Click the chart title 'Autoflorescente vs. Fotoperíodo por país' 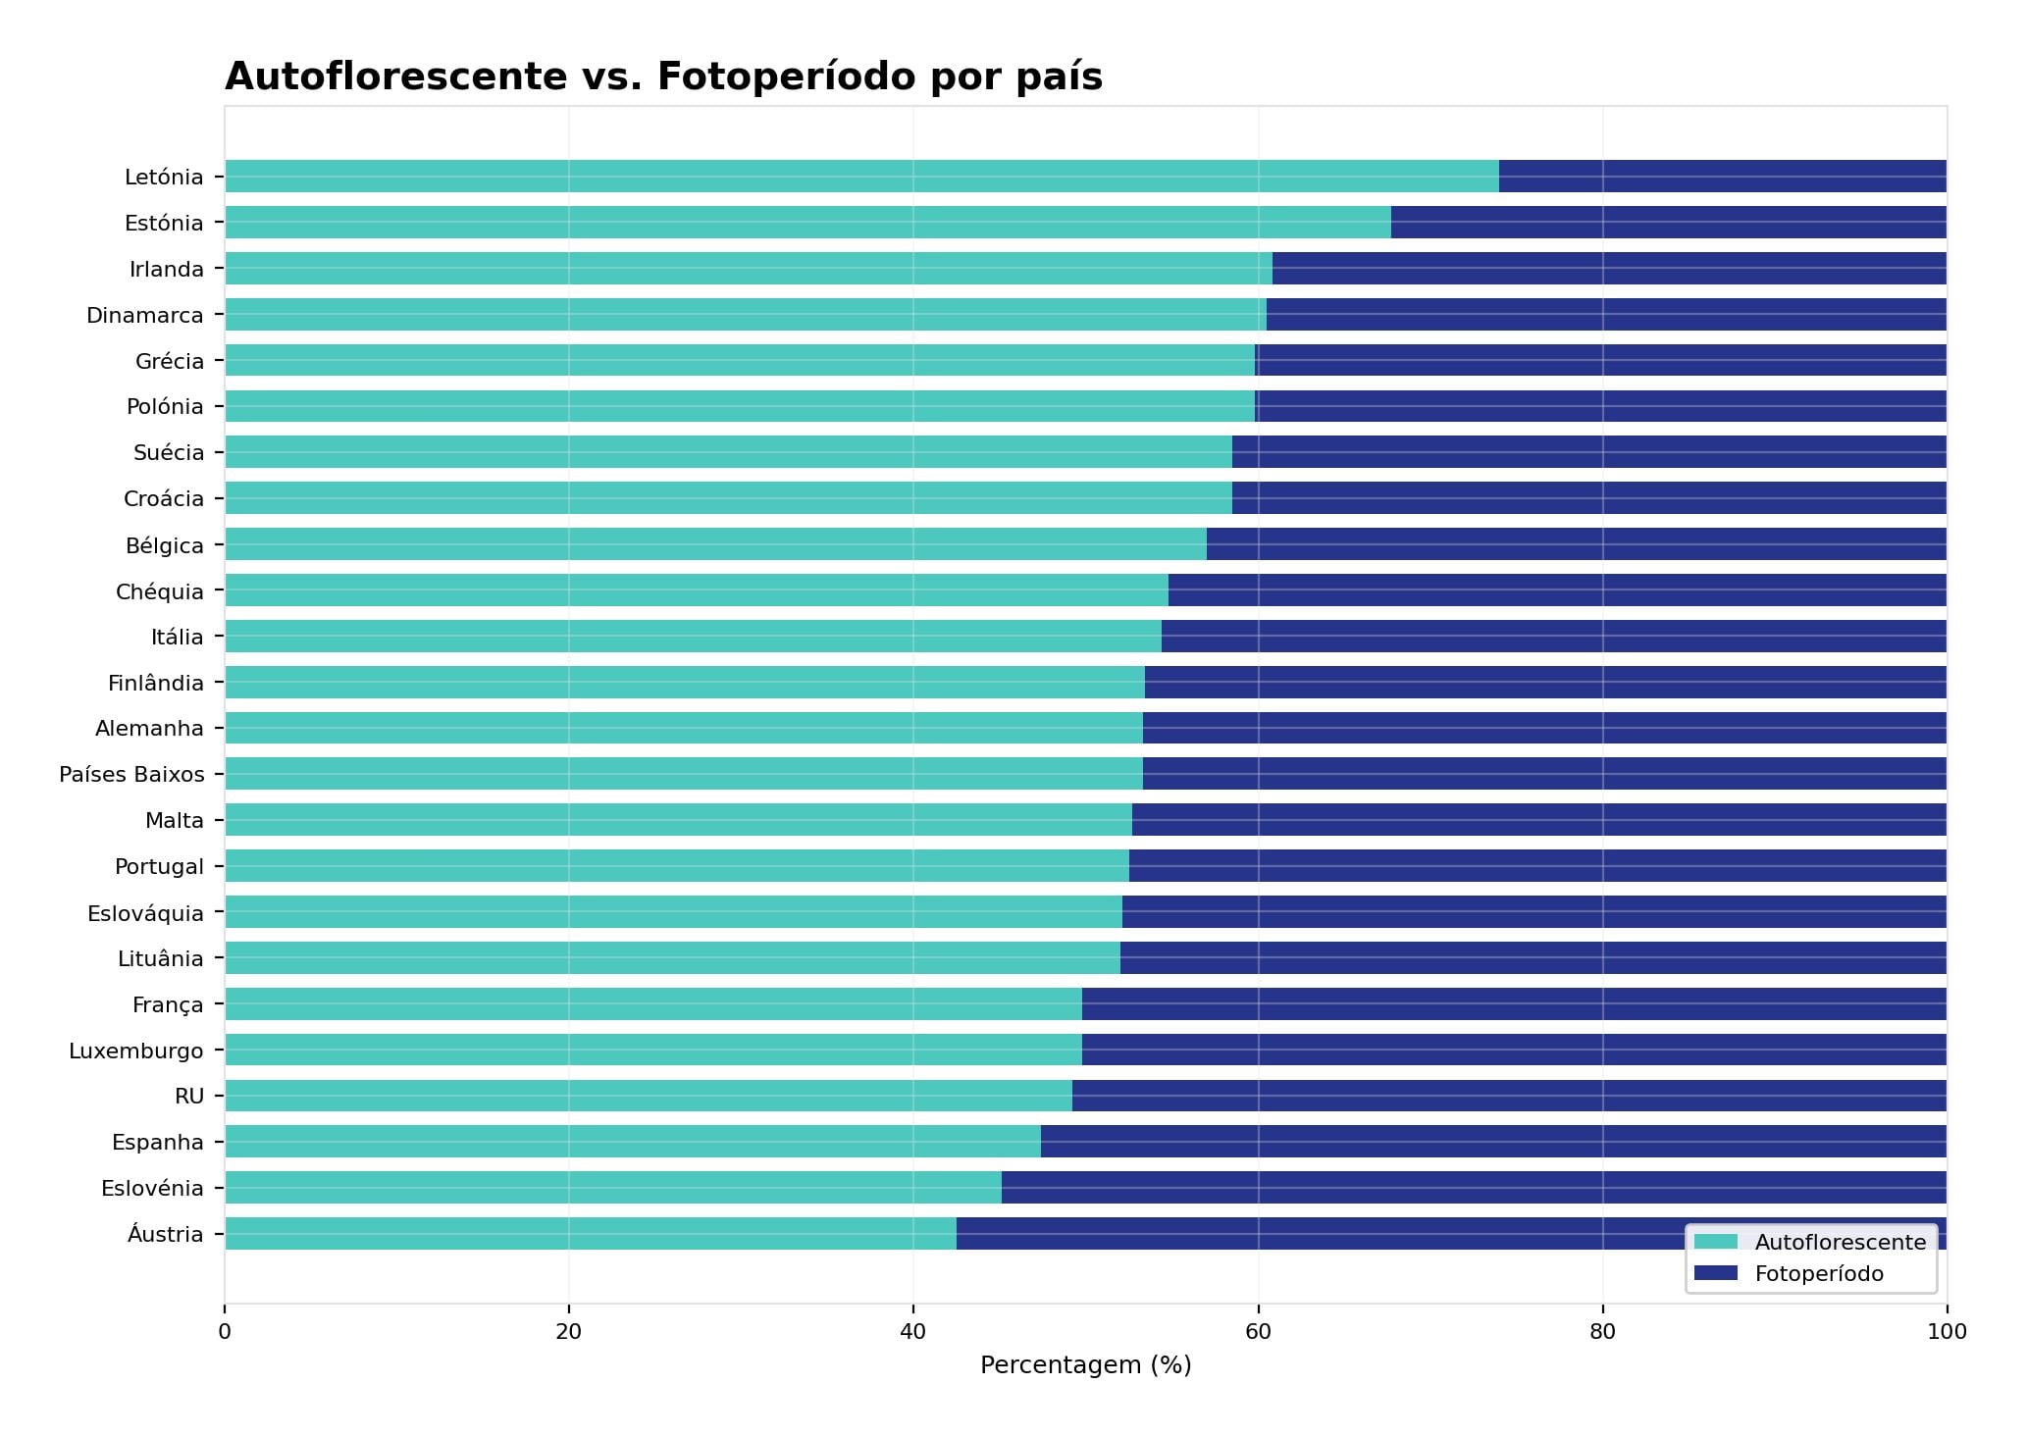tap(663, 77)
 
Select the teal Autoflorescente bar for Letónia tap(861, 177)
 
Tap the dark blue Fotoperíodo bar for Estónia tap(1668, 223)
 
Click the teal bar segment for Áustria tap(591, 1234)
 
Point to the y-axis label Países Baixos tap(131, 775)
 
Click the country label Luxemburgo tap(136, 1051)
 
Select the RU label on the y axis tap(189, 1097)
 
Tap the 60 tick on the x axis tap(1258, 1332)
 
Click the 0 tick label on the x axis tap(225, 1332)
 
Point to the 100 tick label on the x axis tap(1947, 1332)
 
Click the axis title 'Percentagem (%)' tap(1085, 1365)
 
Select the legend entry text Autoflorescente tap(1840, 1243)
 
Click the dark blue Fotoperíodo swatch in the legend tap(1715, 1273)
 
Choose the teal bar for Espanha tap(633, 1142)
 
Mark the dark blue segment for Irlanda tap(1609, 269)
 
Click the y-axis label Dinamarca tap(145, 316)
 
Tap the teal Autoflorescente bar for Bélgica tap(715, 544)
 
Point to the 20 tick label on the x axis tap(568, 1332)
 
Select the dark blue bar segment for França tap(1514, 1004)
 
